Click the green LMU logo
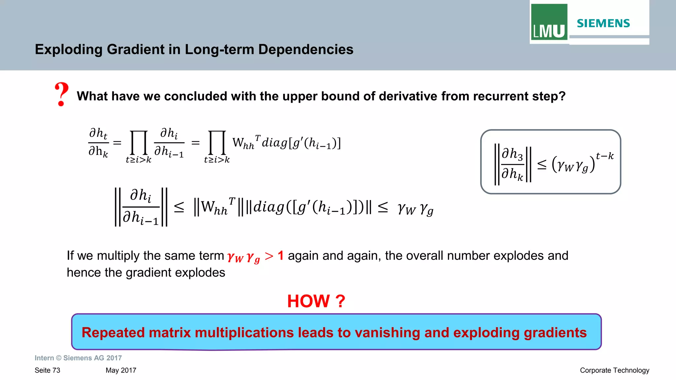pos(549,22)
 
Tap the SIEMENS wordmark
pos(603,23)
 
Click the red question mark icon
pos(61,94)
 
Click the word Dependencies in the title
pos(306,50)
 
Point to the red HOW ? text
pos(316,301)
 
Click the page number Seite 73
pos(48,370)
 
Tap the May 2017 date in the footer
pos(121,370)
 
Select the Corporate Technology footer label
pos(614,370)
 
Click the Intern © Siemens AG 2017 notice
pos(78,358)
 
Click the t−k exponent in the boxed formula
pos(605,156)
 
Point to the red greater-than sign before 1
pos(269,256)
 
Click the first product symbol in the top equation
pos(139,143)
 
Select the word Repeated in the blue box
pos(113,332)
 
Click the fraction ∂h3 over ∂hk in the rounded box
pos(512,164)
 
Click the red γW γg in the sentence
pos(244,257)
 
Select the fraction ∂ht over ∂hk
pos(98,143)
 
